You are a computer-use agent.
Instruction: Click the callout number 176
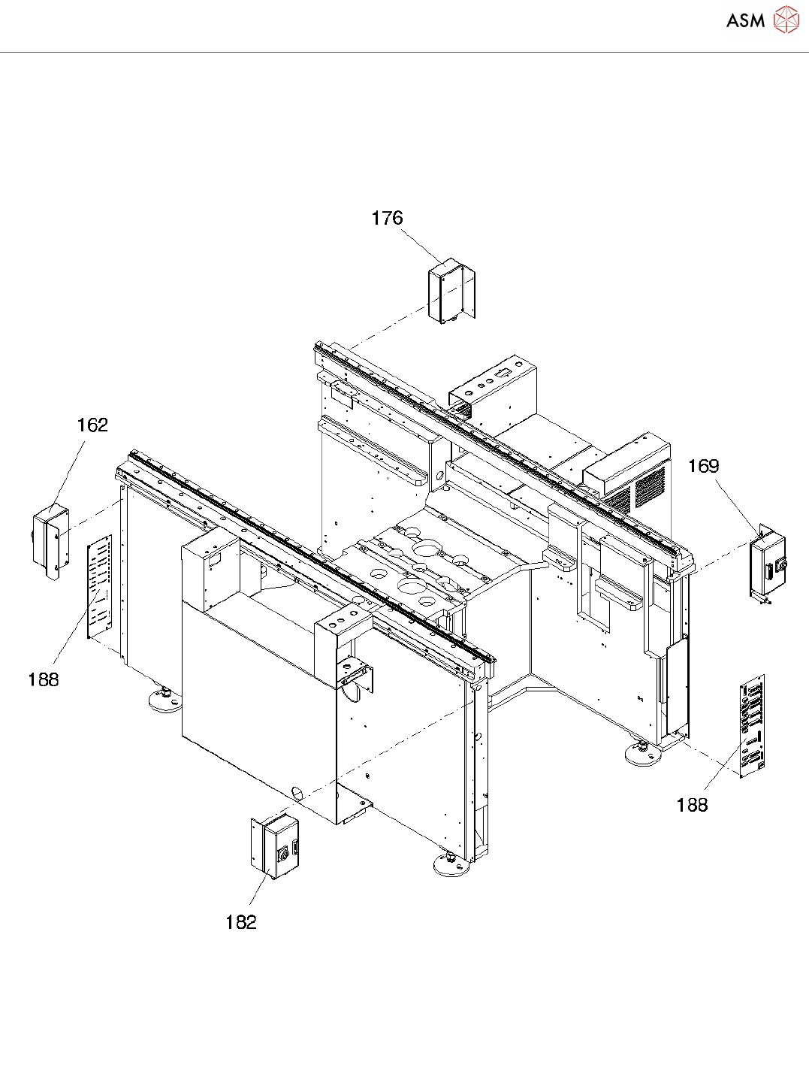[387, 218]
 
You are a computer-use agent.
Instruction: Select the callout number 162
[92, 425]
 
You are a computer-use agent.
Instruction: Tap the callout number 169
[703, 467]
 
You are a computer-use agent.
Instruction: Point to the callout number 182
[240, 922]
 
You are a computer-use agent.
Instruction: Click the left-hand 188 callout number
[43, 679]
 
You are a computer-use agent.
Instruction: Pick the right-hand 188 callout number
[692, 805]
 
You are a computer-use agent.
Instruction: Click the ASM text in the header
[745, 21]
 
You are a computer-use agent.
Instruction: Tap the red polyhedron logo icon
[786, 20]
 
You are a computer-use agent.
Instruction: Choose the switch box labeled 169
[768, 564]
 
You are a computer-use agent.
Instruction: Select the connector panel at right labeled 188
[752, 725]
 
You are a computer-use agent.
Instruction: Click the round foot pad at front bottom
[451, 867]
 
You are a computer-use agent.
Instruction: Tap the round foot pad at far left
[165, 701]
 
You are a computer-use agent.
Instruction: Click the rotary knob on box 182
[284, 855]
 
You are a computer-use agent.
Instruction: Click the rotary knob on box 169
[781, 565]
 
